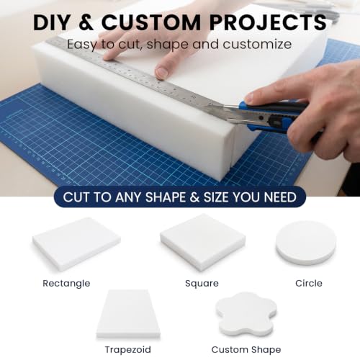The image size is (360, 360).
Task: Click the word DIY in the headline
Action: pos(51,22)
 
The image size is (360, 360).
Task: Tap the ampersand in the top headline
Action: pos(86,22)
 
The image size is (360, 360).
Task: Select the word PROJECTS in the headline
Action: pos(268,22)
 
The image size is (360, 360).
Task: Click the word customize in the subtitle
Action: pos(257,45)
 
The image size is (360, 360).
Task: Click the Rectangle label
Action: pos(66,284)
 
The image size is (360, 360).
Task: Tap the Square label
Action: pos(202,284)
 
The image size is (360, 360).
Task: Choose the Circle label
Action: pos(309,283)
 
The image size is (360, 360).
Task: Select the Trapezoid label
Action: pos(128,350)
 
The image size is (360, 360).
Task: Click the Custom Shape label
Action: pos(246,350)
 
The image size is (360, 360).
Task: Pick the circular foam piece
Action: pos(306,243)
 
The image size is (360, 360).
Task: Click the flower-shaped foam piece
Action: pos(246,314)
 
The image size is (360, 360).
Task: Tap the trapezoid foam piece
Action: pos(128,314)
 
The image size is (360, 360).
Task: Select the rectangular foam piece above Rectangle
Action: pos(76,243)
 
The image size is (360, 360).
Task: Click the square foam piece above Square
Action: pos(203,242)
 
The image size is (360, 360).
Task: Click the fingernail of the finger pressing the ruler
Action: pos(161,72)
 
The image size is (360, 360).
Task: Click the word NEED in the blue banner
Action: pos(280,197)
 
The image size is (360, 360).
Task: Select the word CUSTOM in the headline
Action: pos(151,22)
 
